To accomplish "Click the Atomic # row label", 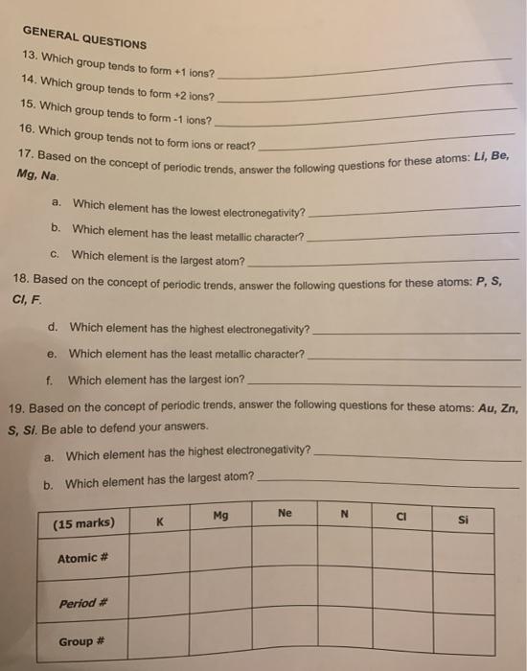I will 78,558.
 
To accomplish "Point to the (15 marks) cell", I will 83,522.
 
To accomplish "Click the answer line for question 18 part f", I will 383,382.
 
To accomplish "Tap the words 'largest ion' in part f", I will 214,380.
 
